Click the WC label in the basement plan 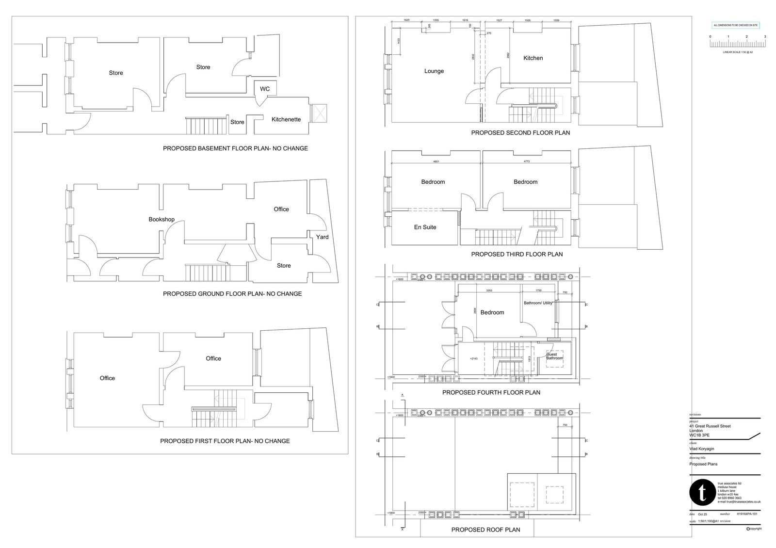point(265,89)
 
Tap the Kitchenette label point(286,119)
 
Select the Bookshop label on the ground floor point(162,219)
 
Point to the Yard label point(322,237)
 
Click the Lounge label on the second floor point(434,71)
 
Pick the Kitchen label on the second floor point(533,58)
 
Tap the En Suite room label point(425,227)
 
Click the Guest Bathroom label point(554,356)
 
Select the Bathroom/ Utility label point(538,303)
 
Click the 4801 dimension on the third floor point(436,161)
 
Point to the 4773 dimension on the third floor point(526,161)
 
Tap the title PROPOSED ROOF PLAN point(485,530)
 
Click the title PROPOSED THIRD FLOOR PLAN point(517,254)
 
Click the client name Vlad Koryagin point(702,449)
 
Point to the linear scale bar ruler point(738,44)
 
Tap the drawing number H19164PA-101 point(746,514)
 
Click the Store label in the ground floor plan point(284,265)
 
